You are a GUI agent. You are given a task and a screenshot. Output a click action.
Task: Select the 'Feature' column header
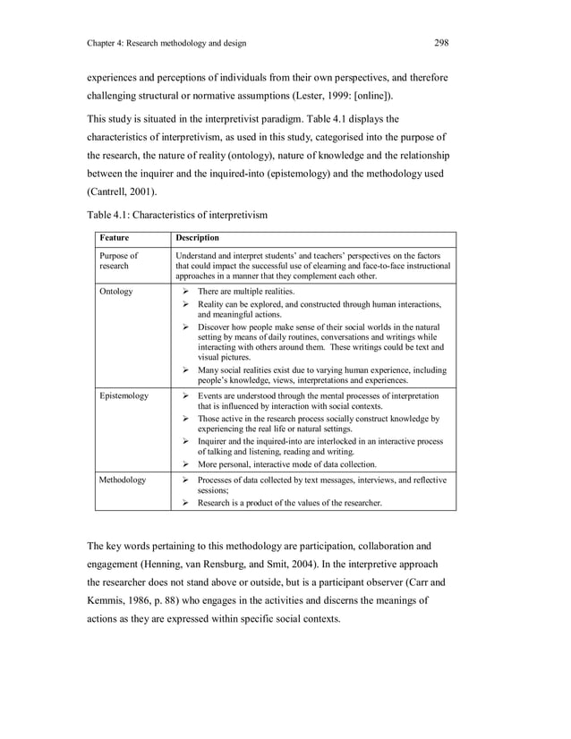(115, 238)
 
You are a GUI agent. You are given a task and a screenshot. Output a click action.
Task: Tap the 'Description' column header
(198, 238)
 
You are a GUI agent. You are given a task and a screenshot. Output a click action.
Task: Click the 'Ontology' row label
(116, 292)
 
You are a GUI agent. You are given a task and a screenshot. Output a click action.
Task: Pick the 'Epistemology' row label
(124, 395)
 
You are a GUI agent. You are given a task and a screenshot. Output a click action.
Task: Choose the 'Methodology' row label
(123, 480)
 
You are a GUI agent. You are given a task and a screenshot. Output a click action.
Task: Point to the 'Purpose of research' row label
(119, 260)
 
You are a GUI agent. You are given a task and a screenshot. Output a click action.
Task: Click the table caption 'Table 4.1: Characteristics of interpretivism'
(177, 215)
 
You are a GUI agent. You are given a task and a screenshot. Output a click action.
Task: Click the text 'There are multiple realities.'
(246, 292)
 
